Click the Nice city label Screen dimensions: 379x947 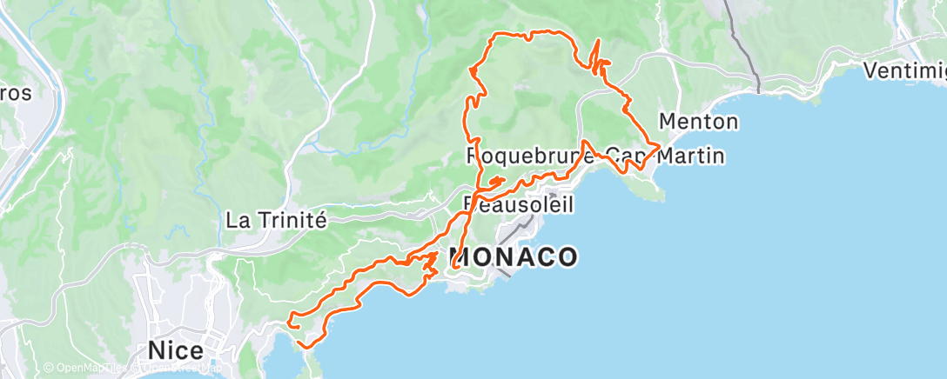[x=176, y=351]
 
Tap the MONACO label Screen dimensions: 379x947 [x=514, y=257]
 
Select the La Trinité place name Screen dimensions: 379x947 [x=276, y=220]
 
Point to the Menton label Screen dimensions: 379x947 [x=699, y=121]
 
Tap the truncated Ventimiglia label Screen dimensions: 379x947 [x=904, y=70]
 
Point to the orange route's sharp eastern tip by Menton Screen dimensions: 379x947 [x=660, y=145]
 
